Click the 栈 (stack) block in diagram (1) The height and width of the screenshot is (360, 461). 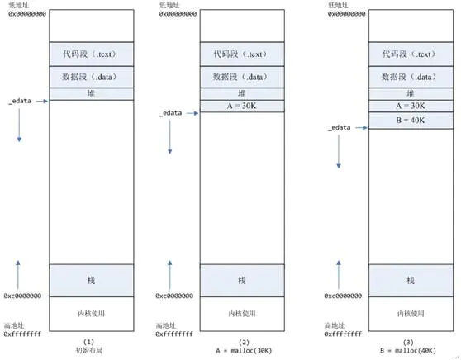click(91, 281)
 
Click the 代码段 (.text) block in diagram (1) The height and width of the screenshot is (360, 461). click(91, 54)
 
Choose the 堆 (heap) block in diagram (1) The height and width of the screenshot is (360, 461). click(91, 94)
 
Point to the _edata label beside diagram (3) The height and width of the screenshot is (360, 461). click(339, 128)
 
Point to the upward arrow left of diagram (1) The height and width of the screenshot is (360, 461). click(17, 272)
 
